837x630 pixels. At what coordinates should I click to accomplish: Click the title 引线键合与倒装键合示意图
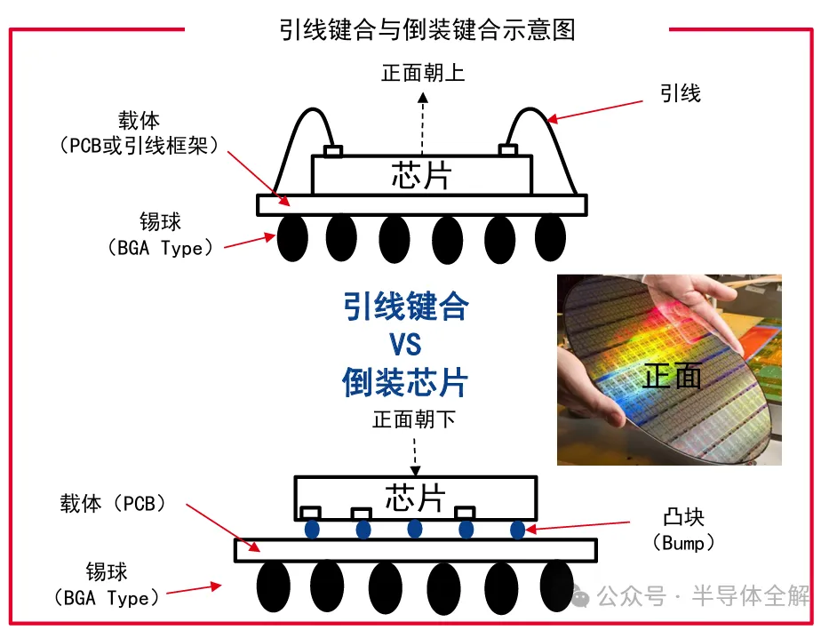tap(426, 29)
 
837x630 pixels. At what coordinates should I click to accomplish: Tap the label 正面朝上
tap(422, 73)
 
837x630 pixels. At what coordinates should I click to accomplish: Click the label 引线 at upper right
tap(681, 93)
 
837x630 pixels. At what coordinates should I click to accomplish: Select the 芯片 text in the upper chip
tap(421, 175)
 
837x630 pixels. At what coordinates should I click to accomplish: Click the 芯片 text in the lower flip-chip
tap(414, 498)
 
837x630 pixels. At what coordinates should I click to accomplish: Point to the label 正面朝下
tap(413, 418)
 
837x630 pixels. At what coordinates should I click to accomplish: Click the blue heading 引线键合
tap(405, 307)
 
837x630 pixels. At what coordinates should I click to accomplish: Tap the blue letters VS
tap(405, 344)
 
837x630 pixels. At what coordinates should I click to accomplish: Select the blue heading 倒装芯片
tap(405, 382)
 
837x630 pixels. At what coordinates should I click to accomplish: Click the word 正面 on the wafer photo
tap(673, 376)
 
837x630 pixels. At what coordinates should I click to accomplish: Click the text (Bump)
tap(683, 542)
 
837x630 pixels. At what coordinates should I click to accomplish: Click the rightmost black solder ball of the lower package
tap(555, 586)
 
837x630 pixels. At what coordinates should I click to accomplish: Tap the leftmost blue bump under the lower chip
tap(312, 530)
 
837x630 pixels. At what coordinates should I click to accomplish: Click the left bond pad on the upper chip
tap(333, 151)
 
